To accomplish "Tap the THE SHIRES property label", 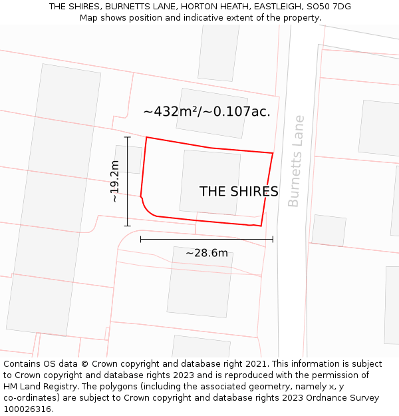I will click(239, 192).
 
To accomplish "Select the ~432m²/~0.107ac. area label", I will click(206, 112).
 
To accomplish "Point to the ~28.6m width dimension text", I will click(206, 253).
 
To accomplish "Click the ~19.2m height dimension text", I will click(114, 181).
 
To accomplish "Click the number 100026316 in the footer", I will click(29, 409).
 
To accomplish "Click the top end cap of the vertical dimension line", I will click(127, 137).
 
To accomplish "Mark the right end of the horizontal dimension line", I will click(273, 239).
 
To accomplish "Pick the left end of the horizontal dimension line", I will click(141, 239).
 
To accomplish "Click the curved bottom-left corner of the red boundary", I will click(148, 209).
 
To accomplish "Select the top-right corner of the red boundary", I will click(273, 153).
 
